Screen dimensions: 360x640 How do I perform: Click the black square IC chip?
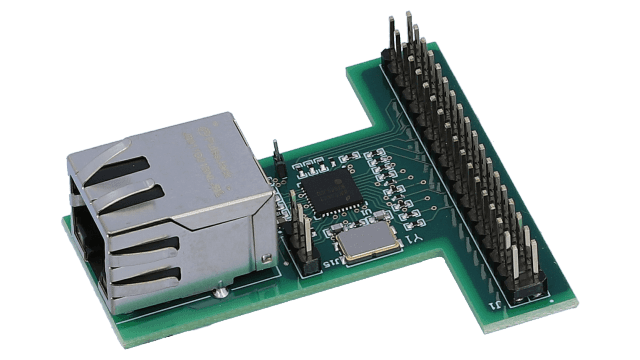327,188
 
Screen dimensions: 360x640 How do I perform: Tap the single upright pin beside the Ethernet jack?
272,154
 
